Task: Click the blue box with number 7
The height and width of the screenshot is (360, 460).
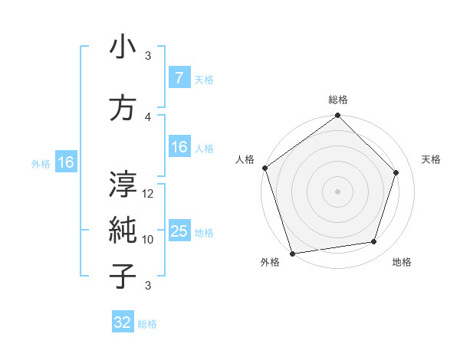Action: pyautogui.click(x=179, y=78)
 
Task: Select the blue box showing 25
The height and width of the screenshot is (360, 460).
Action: pyautogui.click(x=179, y=232)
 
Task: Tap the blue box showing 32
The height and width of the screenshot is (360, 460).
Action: pyautogui.click(x=122, y=322)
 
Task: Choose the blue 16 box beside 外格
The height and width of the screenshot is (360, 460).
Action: pyautogui.click(x=65, y=162)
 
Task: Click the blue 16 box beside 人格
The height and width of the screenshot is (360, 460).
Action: pyautogui.click(x=179, y=148)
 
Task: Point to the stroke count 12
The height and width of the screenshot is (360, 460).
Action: pyautogui.click(x=149, y=193)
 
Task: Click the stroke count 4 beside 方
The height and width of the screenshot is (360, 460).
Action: pyautogui.click(x=148, y=116)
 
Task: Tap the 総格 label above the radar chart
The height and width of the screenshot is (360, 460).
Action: pyautogui.click(x=337, y=100)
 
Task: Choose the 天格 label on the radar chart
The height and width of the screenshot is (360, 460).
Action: pyautogui.click(x=431, y=159)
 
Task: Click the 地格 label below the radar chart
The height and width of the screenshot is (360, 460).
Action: pyautogui.click(x=401, y=263)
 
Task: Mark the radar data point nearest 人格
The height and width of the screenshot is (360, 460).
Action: pyautogui.click(x=264, y=168)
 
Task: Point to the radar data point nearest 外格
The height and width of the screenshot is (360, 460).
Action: pyautogui.click(x=292, y=253)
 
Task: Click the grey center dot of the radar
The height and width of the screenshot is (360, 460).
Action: pyautogui.click(x=337, y=191)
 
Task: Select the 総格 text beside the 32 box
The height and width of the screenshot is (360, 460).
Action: pyautogui.click(x=147, y=324)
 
